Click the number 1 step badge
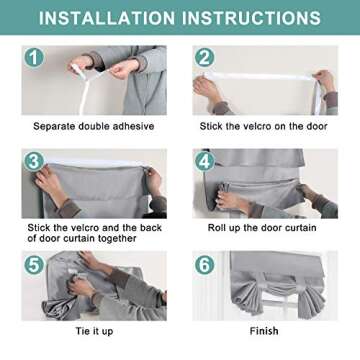click(x=34, y=58)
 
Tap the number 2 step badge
click(x=204, y=58)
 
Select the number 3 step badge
click(x=34, y=161)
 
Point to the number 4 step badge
click(x=204, y=161)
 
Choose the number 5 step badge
click(x=34, y=264)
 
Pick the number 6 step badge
click(x=204, y=264)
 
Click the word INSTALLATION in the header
click(x=107, y=18)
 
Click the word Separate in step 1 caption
click(x=54, y=127)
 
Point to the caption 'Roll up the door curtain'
click(x=262, y=228)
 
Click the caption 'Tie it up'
click(x=94, y=331)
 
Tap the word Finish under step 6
click(x=264, y=331)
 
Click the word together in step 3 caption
click(x=115, y=238)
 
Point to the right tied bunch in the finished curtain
click(x=310, y=297)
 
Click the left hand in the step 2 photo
click(x=206, y=87)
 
